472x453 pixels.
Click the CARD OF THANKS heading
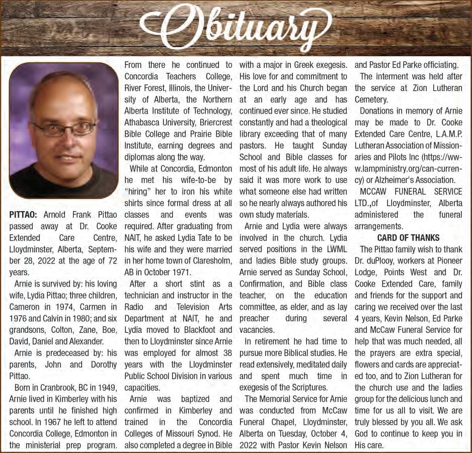(x=408, y=238)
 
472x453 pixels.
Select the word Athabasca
(x=146, y=122)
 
